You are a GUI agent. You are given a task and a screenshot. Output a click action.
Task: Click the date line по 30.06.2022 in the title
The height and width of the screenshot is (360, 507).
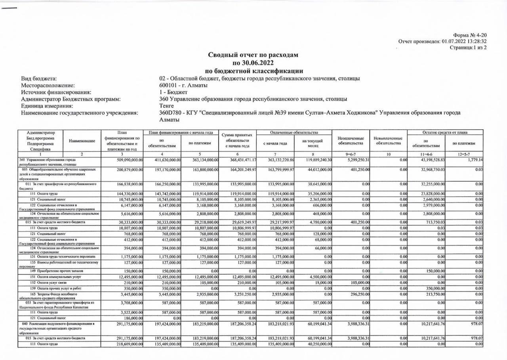coord(253,63)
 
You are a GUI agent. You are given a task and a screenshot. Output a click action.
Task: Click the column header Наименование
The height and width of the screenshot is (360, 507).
coord(82,141)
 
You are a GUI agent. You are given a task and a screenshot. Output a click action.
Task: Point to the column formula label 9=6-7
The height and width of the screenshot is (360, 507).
coord(351,154)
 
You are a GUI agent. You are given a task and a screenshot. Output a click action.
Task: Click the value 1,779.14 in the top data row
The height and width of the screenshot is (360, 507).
coord(475,159)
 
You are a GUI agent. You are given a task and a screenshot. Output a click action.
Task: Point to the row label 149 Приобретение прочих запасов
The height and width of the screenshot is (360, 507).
coord(50,271)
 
